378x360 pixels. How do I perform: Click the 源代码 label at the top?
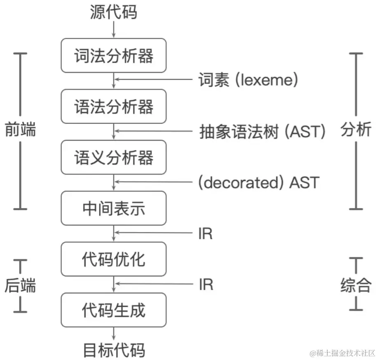pos(113,12)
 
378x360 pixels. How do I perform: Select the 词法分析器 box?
pos(113,56)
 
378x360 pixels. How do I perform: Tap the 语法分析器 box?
pos(113,107)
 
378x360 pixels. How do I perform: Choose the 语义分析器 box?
pos(113,157)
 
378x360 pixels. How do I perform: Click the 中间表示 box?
pos(113,208)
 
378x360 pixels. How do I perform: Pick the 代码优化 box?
pos(113,259)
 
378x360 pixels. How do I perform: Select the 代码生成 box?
pos(113,310)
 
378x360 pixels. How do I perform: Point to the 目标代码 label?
pos(114,350)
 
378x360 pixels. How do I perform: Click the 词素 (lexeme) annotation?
pos(248,80)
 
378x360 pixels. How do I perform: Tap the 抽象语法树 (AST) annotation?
pos(262,132)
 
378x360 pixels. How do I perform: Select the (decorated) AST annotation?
pos(259,182)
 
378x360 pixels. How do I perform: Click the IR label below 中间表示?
pos(205,234)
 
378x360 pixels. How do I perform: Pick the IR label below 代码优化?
pos(205,284)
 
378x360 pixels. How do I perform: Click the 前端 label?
pos(20,130)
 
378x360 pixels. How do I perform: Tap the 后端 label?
pos(20,285)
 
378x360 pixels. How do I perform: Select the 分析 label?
pos(356,130)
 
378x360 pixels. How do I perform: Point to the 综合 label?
pos(356,285)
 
